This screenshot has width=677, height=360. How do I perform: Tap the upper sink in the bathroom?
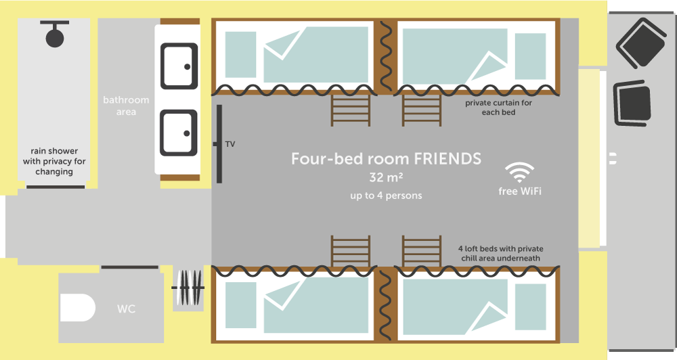coord(179,66)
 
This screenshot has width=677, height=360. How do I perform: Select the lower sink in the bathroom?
coord(179,133)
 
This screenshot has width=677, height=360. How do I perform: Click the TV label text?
coord(230,144)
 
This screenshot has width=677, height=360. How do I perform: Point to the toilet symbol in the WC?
coord(77,308)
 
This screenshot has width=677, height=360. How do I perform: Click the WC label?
coord(126,309)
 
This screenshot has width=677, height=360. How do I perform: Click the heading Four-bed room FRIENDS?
coord(386,159)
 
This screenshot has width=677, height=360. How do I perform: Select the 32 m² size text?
coord(386,177)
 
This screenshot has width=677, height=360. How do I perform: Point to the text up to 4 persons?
coord(386,196)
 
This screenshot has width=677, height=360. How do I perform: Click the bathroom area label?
coord(126,106)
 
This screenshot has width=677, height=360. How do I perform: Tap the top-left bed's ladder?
coord(351,110)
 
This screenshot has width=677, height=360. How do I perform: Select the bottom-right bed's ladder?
coord(422,251)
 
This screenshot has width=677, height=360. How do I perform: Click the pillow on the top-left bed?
coord(240,55)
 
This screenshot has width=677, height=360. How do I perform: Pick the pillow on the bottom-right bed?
coord(531,307)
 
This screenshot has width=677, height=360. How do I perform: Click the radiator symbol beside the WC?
coord(188,288)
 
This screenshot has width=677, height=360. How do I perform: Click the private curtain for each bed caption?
coord(499,108)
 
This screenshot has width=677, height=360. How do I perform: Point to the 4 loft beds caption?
coord(501,253)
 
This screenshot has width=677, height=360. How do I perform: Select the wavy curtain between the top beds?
coord(386,56)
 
